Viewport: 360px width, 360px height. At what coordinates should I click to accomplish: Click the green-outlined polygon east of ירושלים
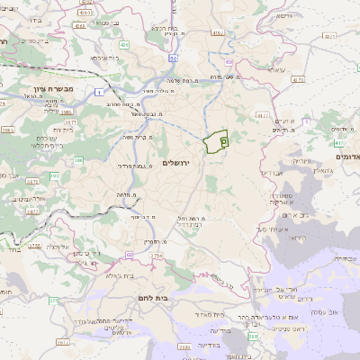(216, 142)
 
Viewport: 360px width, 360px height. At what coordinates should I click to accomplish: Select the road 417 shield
(338, 142)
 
